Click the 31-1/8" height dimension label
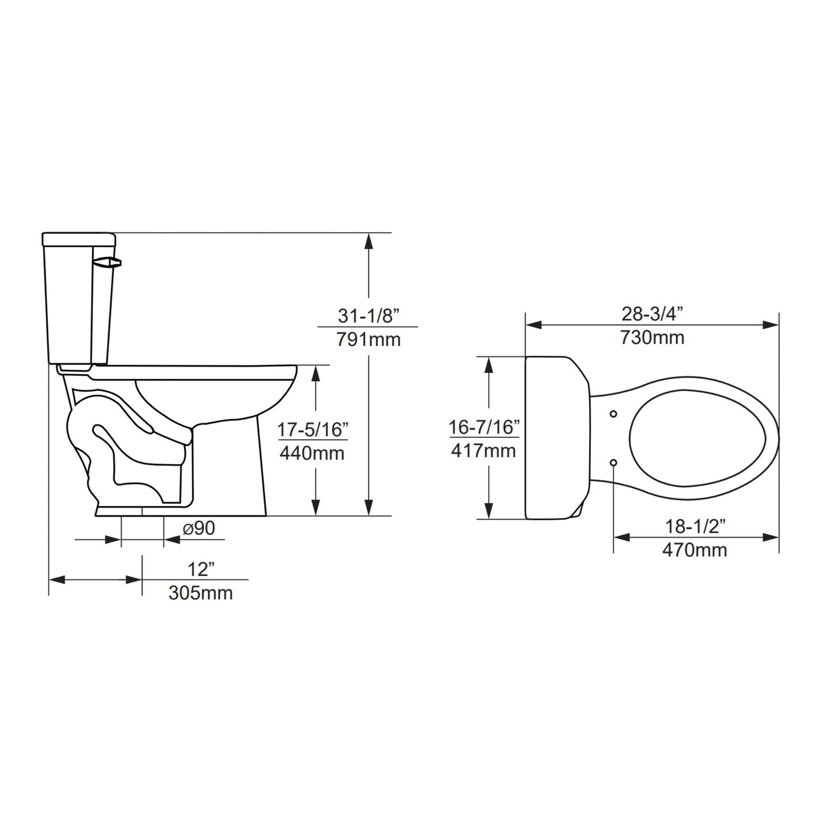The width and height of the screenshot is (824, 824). (367, 315)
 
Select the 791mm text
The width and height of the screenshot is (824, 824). (367, 340)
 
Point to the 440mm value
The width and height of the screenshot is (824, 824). (312, 454)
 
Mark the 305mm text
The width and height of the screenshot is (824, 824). (200, 593)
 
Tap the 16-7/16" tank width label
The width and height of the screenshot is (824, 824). (484, 427)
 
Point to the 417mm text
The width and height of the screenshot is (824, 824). (484, 451)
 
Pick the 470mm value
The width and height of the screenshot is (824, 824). (695, 550)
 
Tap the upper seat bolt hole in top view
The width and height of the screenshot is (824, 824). (614, 413)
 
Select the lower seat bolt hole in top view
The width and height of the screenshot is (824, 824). (614, 462)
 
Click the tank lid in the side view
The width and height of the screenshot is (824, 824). (79, 238)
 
